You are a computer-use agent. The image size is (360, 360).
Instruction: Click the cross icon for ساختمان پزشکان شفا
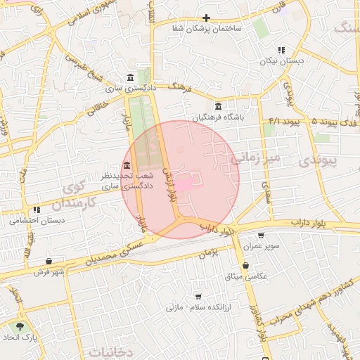point(206,18)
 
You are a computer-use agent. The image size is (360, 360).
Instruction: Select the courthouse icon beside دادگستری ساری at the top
point(130,77)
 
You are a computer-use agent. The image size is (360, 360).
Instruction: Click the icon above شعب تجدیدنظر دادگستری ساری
point(126,165)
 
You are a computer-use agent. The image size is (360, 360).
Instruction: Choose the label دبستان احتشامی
point(37,220)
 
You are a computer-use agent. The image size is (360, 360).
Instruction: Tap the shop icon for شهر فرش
point(48,261)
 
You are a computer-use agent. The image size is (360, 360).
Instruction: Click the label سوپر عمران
point(262,247)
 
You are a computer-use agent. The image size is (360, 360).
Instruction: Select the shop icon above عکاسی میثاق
point(245,266)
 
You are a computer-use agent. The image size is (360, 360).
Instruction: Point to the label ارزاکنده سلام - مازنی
point(198,307)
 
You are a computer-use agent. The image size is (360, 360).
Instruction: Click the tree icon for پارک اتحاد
point(19,327)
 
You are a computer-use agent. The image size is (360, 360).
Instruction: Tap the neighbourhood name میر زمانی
point(256,158)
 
